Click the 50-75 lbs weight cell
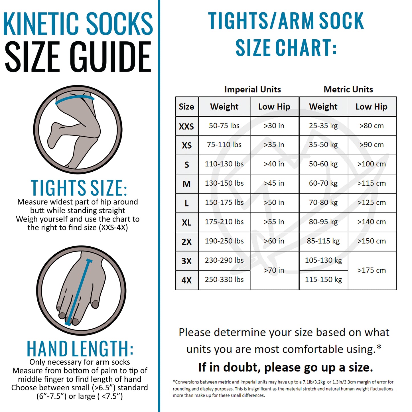tap(224, 126)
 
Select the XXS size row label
tap(187, 126)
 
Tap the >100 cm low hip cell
tap(372, 164)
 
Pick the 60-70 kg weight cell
tap(323, 183)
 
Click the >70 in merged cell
tap(274, 270)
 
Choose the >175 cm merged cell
tap(372, 270)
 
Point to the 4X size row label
tap(187, 280)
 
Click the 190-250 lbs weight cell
tap(224, 241)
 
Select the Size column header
tap(186, 106)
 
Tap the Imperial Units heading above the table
tap(253, 89)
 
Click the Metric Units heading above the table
tap(348, 89)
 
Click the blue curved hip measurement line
tap(75, 99)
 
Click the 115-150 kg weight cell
tap(323, 280)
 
